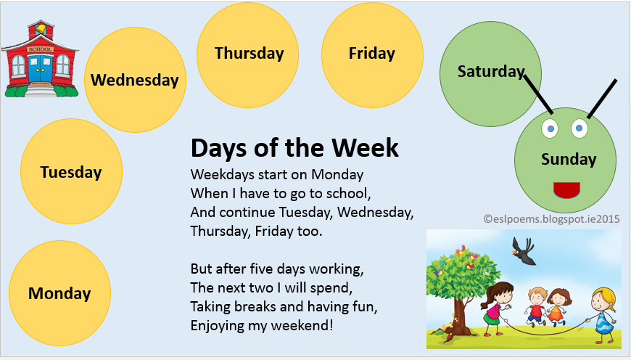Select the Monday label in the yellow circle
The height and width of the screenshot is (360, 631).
pyautogui.click(x=59, y=294)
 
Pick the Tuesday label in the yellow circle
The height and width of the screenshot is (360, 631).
pyautogui.click(x=71, y=173)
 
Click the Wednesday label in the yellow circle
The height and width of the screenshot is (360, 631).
pyautogui.click(x=134, y=80)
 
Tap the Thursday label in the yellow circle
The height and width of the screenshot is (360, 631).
pyautogui.click(x=249, y=53)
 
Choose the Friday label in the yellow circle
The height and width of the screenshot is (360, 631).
pyautogui.click(x=371, y=53)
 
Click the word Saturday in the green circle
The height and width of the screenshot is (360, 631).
pyautogui.click(x=490, y=71)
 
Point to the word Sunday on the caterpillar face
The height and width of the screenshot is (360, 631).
pyautogui.click(x=569, y=159)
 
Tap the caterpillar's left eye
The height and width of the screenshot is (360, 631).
pyautogui.click(x=550, y=128)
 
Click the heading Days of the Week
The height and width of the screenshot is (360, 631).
pyautogui.click(x=294, y=148)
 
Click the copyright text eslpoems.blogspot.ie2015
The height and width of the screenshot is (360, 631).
pyautogui.click(x=551, y=218)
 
